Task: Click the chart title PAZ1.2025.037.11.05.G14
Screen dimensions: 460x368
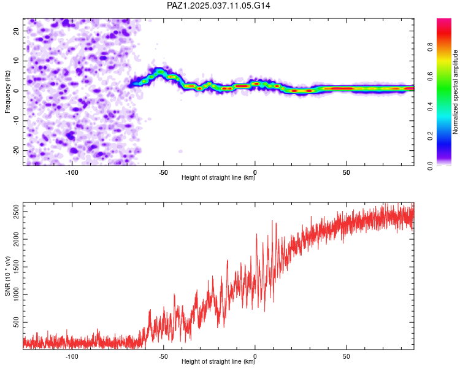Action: tap(218, 6)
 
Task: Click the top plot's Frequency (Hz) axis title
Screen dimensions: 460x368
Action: tap(7, 92)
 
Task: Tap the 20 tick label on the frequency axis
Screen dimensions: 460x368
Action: tap(17, 31)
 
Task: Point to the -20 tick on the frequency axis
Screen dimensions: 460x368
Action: tap(17, 150)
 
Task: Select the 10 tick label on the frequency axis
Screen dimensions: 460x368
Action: tap(17, 61)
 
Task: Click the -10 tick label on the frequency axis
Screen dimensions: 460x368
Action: tap(17, 121)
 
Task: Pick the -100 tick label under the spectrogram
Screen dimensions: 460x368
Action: tap(72, 172)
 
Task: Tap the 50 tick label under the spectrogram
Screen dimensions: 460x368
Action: tap(347, 172)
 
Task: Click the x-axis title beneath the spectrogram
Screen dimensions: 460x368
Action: tap(218, 177)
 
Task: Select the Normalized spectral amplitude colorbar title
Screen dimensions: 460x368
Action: tap(455, 92)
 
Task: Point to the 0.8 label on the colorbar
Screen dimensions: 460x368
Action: tap(431, 47)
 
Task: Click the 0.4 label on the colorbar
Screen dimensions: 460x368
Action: tap(431, 106)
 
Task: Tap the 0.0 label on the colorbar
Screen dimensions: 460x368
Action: tap(431, 166)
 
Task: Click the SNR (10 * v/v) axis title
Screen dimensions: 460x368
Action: tap(7, 276)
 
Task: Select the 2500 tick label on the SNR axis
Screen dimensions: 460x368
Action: tap(17, 212)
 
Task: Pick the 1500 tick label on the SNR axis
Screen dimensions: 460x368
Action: tap(17, 267)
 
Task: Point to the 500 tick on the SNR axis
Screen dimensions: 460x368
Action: tap(17, 322)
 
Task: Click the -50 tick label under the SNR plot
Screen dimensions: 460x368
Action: tap(163, 356)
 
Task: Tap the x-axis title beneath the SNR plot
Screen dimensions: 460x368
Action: tap(218, 361)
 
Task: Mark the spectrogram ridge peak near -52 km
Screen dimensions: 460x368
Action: tap(160, 71)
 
